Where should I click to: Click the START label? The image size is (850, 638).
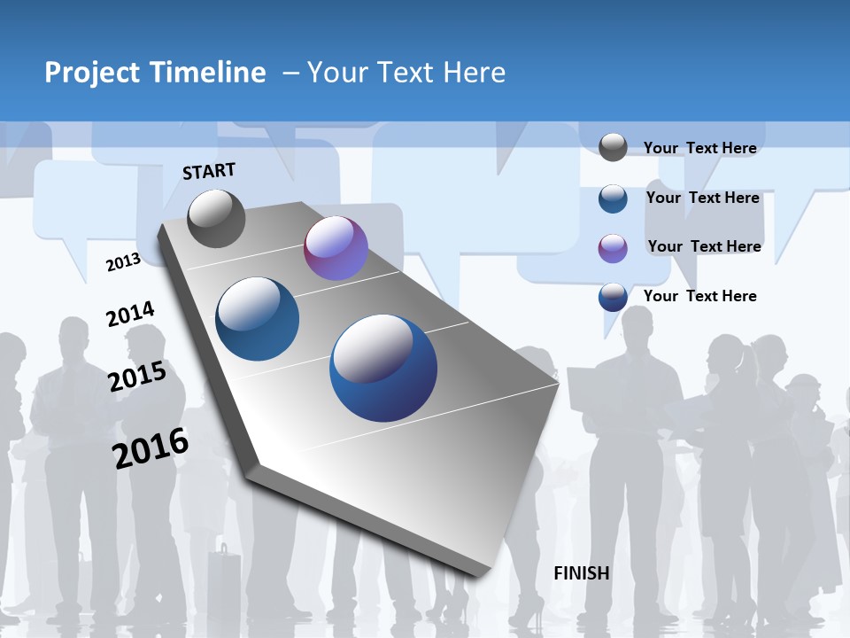209,171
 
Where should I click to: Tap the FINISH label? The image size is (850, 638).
582,573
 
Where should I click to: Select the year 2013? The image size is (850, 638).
123,261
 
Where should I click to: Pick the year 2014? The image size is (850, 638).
130,315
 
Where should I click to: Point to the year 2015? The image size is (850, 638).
137,377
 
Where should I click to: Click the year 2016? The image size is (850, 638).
151,447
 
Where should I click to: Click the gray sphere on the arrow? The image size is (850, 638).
217,218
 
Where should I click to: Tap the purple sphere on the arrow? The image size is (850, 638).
336,248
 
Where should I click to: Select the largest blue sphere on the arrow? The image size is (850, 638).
383,368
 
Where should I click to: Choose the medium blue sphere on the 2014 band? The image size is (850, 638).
257,319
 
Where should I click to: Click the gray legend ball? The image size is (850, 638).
613,147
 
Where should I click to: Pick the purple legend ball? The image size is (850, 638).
613,248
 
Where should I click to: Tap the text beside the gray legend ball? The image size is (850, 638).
699,148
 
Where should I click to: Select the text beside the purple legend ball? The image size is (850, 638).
704,246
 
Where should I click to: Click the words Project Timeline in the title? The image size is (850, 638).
155,73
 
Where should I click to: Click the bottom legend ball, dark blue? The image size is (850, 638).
613,297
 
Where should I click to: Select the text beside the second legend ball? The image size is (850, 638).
702,198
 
